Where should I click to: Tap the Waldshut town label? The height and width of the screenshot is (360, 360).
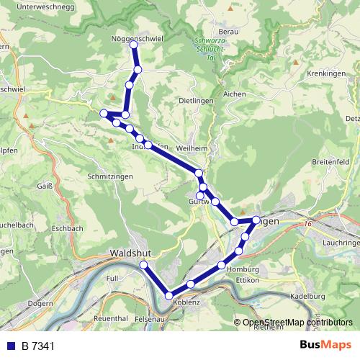pos(130,253)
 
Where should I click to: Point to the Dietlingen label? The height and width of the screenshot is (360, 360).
pos(196,101)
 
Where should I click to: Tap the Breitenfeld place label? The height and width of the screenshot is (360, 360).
pos(330,163)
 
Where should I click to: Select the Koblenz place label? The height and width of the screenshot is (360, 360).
pos(186,302)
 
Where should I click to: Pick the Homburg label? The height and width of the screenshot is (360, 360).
pos(241,269)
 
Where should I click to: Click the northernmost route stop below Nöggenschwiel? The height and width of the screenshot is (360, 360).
pos(133,45)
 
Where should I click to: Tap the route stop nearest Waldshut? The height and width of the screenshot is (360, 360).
pos(143,266)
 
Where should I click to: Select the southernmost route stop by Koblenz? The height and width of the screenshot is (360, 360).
pos(169,295)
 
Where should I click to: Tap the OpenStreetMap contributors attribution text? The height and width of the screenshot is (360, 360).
pos(297,323)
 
